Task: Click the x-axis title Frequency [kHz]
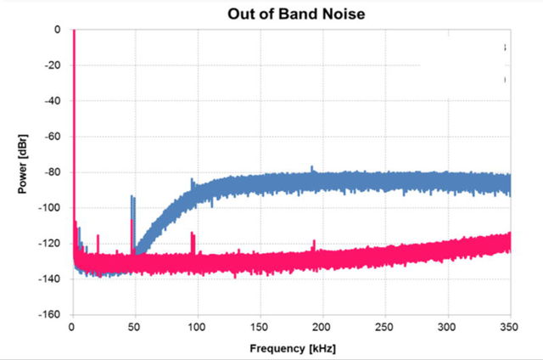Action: (292, 348)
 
